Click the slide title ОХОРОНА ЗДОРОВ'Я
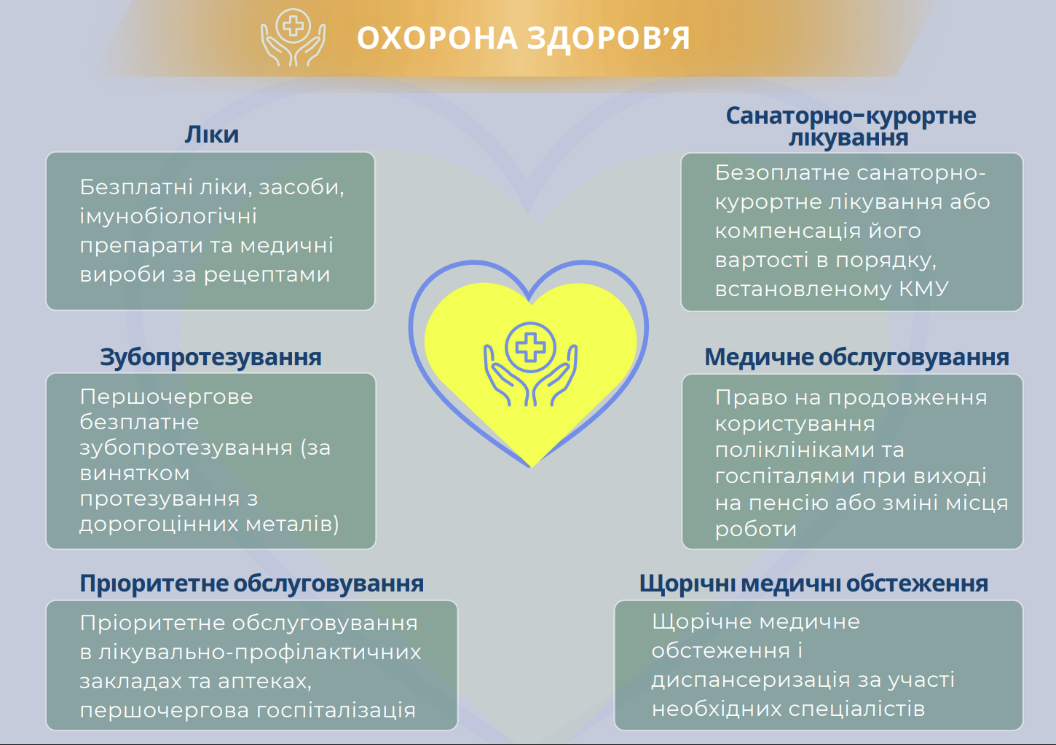523,39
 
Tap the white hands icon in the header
293,38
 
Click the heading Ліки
211,135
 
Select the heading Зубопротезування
210,357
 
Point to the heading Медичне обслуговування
856,357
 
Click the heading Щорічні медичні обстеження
813,583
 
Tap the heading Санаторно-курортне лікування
850,126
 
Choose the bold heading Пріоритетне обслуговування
251,583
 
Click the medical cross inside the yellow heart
530,347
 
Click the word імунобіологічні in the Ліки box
168,217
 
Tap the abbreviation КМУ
924,289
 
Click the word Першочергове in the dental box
166,397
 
